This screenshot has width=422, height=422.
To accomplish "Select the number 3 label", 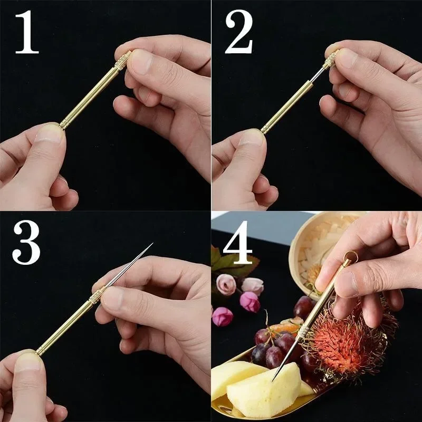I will coord(26,243).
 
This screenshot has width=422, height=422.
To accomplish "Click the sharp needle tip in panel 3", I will coord(151,244).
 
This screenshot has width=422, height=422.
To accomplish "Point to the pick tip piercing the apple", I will coord(274,379).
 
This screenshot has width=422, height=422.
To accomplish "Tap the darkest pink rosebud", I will coord(249,302).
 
